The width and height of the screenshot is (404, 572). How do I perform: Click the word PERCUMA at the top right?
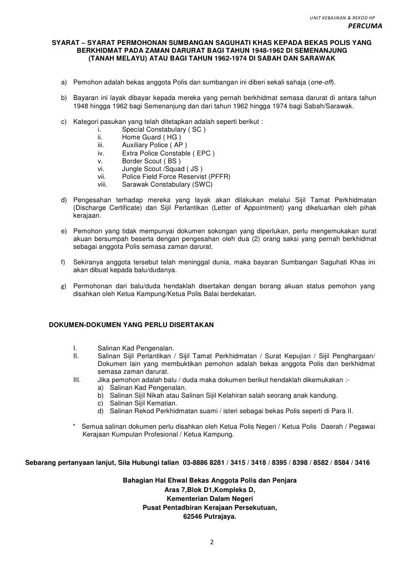pyautogui.click(x=365, y=26)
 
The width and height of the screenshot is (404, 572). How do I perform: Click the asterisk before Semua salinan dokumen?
pyautogui.click(x=75, y=426)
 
